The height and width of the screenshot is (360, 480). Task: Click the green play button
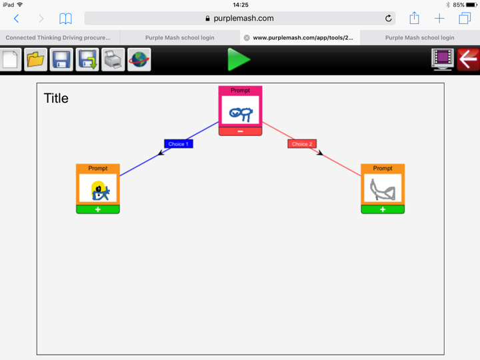[x=238, y=59]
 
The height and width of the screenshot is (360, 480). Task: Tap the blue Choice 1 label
[x=178, y=144]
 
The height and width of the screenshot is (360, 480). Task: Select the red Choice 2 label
[x=301, y=144]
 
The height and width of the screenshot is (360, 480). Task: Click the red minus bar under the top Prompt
[x=240, y=131]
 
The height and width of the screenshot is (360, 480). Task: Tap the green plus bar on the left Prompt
[x=98, y=209]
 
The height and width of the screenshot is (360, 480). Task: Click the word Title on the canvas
[x=56, y=99]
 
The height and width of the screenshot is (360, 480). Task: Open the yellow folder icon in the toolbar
[x=36, y=59]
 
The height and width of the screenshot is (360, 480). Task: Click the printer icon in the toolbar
[x=113, y=59]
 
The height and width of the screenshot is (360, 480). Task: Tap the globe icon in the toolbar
[x=139, y=59]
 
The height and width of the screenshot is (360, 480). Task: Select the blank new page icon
[x=10, y=59]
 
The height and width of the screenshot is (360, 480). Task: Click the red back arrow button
[x=468, y=59]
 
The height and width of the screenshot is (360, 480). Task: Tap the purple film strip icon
[x=442, y=59]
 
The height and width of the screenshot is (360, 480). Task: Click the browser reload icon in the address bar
[x=388, y=19]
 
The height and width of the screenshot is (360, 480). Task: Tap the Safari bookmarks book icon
[x=65, y=19]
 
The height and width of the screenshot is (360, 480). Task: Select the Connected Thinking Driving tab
[x=59, y=38]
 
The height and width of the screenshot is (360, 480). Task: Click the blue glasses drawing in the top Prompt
[x=240, y=113]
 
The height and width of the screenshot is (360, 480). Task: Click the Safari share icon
[x=414, y=18]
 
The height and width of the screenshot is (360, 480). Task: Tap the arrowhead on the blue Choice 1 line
[x=161, y=154]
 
